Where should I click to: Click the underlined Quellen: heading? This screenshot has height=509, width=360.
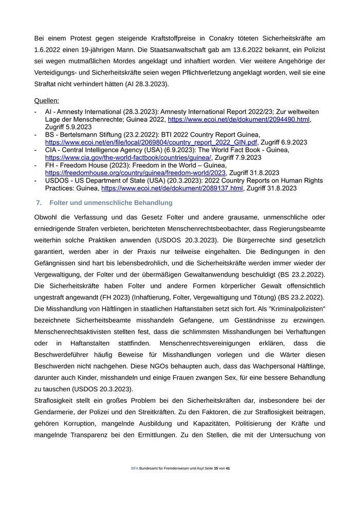tap(46, 101)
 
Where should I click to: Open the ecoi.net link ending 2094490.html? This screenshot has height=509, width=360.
tap(239, 119)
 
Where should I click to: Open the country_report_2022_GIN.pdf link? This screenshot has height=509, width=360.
tap(151, 142)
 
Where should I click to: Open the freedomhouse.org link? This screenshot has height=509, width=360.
tap(136, 173)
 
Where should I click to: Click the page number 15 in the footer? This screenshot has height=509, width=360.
tap(216, 469)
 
